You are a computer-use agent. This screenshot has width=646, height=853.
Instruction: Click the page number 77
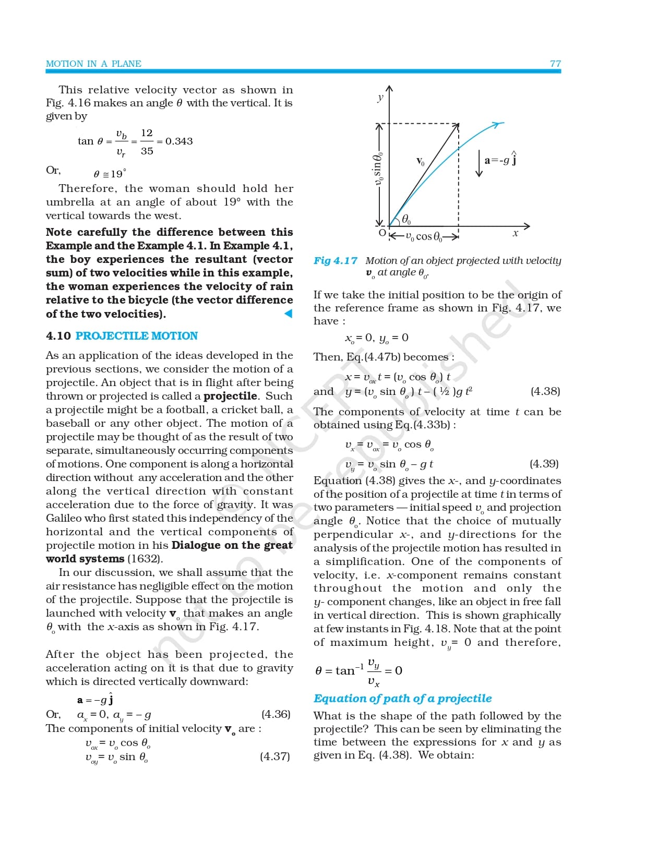pyautogui.click(x=555, y=64)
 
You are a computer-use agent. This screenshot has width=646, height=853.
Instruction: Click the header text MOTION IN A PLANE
pyautogui.click(x=93, y=64)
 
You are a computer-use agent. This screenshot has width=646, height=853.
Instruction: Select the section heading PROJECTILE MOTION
pyautogui.click(x=137, y=336)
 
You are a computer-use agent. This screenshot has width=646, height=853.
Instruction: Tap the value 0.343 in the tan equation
pyautogui.click(x=179, y=141)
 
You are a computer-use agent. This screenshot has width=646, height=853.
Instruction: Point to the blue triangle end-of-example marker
pyautogui.click(x=288, y=314)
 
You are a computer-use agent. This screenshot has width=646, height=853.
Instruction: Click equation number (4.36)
pyautogui.click(x=276, y=714)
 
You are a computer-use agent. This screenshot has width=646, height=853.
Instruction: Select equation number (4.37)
pyautogui.click(x=275, y=756)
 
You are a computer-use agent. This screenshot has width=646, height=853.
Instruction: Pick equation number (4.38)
pyautogui.click(x=545, y=391)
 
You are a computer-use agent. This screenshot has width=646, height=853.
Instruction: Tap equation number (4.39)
pyautogui.click(x=544, y=464)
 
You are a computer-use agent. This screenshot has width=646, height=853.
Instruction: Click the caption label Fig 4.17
pyautogui.click(x=336, y=261)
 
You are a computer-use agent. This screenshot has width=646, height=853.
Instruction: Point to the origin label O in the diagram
pyautogui.click(x=382, y=233)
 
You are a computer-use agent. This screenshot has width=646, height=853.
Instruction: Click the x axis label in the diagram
pyautogui.click(x=516, y=234)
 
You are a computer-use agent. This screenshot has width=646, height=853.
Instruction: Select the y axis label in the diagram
pyautogui.click(x=380, y=97)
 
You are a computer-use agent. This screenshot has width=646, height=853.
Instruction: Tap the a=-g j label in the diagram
pyautogui.click(x=500, y=160)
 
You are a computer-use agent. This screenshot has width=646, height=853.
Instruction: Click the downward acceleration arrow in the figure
pyautogui.click(x=479, y=163)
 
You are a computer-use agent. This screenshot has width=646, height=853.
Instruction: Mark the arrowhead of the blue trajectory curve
pyautogui.click(x=499, y=124)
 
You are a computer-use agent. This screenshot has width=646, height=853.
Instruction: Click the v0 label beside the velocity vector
pyautogui.click(x=421, y=162)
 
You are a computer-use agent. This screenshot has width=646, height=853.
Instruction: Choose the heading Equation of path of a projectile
pyautogui.click(x=402, y=699)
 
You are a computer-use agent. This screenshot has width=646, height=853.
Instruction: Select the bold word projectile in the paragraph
pyautogui.click(x=230, y=396)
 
